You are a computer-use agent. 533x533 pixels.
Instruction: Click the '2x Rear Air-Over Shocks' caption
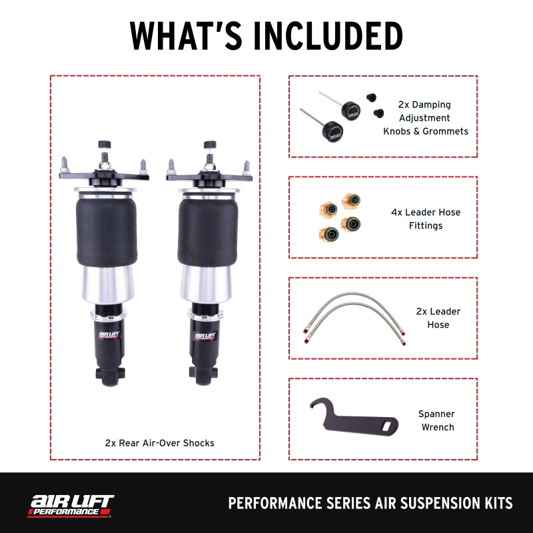click(x=159, y=442)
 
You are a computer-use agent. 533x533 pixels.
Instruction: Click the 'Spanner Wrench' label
click(x=436, y=420)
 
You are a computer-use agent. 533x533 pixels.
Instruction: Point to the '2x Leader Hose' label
click(x=438, y=318)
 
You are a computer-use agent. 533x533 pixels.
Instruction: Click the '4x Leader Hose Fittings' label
click(x=425, y=219)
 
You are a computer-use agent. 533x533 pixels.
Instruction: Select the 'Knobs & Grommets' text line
click(x=425, y=131)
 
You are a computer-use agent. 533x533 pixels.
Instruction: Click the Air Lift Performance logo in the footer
click(x=70, y=504)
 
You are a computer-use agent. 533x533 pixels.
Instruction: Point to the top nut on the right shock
click(x=210, y=144)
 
